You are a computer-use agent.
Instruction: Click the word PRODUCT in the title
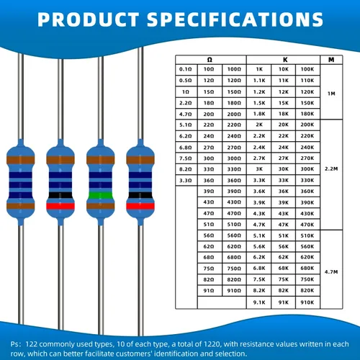(89, 19)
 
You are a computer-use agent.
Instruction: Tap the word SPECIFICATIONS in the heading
(235, 19)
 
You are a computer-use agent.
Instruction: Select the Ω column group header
(210, 60)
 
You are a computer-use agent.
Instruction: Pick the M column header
(331, 60)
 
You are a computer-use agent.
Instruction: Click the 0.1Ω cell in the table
(186, 69)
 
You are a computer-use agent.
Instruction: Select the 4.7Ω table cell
(186, 114)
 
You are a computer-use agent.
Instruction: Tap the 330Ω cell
(234, 169)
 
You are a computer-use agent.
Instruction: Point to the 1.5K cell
(259, 103)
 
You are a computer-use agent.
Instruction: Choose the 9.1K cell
(259, 302)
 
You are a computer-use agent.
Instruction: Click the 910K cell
(307, 302)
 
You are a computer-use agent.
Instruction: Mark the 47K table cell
(284, 225)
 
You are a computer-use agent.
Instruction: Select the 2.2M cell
(331, 168)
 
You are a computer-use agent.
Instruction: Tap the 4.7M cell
(331, 272)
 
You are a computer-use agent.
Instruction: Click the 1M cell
(331, 94)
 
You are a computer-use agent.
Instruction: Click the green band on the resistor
(101, 195)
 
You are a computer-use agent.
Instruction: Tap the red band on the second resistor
(60, 206)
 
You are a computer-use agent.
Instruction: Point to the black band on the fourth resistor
(140, 195)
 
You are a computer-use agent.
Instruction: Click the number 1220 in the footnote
(212, 344)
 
